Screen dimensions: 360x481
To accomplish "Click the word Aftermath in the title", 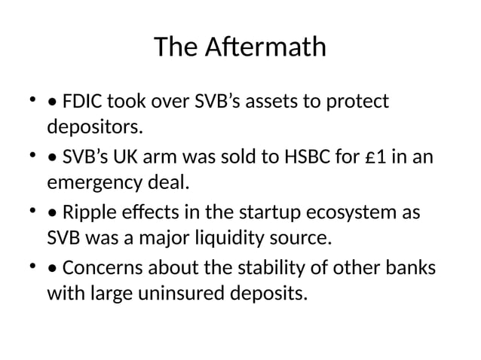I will click(x=265, y=47).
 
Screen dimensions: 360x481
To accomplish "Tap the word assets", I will click(x=263, y=100).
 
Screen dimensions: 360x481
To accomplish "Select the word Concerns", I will click(x=100, y=270).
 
